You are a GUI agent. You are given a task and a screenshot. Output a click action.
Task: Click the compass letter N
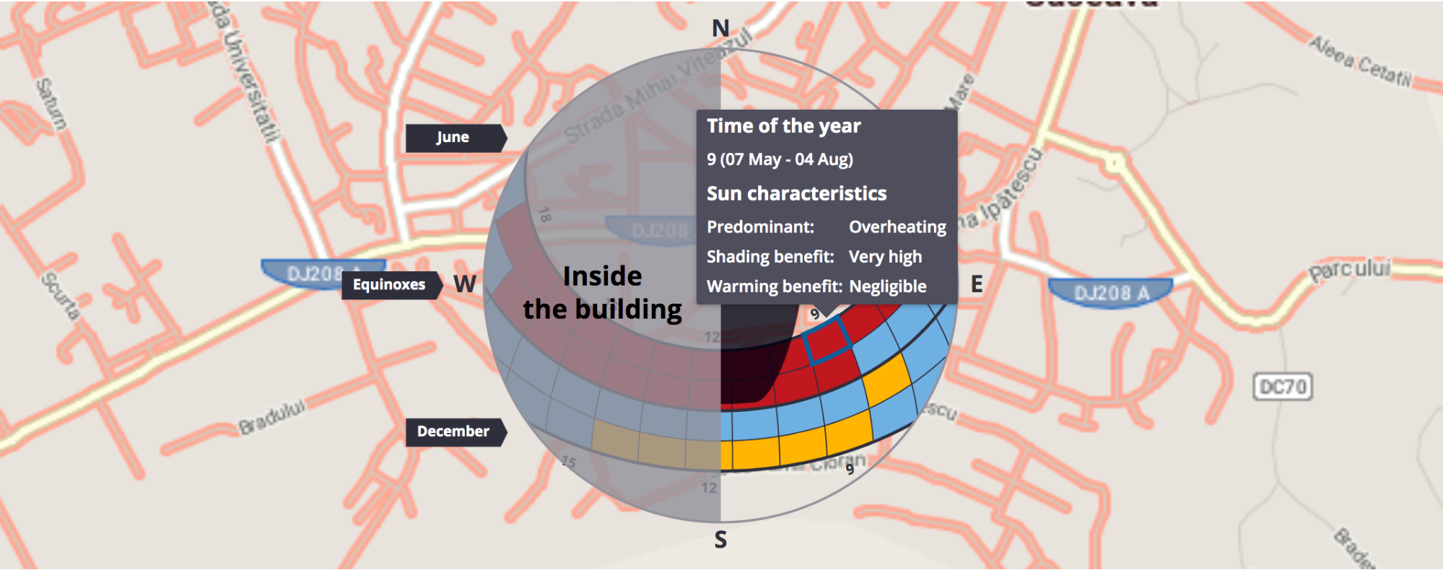[x=720, y=29]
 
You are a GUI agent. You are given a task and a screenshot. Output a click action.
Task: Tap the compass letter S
[x=720, y=540]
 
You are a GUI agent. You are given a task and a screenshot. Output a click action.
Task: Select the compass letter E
[x=977, y=284]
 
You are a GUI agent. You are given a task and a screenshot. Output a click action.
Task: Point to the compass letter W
[x=465, y=284]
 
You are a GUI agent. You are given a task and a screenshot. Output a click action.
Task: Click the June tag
[x=453, y=138]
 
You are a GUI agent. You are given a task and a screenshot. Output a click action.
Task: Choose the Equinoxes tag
[x=389, y=285]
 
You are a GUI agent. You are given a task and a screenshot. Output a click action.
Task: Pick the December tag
[x=453, y=431]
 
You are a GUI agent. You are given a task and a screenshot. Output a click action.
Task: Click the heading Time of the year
[x=783, y=126]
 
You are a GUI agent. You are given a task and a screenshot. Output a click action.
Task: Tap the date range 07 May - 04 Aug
[x=787, y=159]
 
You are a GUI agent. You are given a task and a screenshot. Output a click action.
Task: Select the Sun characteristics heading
[x=796, y=193]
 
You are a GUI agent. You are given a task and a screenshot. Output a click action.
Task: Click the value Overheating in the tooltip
[x=897, y=227]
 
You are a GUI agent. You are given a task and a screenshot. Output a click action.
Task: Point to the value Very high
[x=885, y=257]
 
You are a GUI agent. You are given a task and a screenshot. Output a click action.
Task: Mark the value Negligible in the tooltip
[x=887, y=286]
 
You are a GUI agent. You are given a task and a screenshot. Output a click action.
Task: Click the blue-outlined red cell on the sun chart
[x=827, y=341]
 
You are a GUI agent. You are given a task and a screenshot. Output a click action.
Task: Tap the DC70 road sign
[x=1283, y=387]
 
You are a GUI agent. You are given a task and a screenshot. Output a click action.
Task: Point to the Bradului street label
[x=272, y=416]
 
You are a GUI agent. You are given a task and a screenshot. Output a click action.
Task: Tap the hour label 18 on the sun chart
[x=545, y=214]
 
